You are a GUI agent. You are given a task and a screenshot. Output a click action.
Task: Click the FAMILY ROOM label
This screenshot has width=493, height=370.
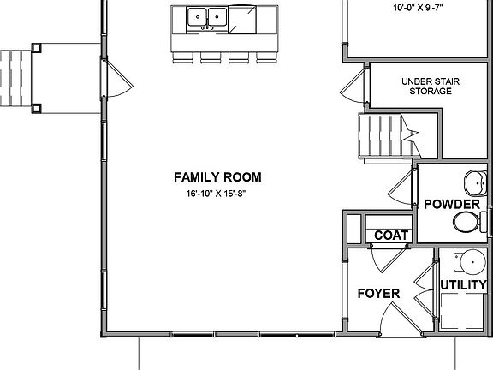[217, 177]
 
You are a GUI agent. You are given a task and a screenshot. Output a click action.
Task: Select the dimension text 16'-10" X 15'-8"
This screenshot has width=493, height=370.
[217, 194]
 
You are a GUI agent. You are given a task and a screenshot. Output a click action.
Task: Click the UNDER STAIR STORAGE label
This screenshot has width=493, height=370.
[430, 87]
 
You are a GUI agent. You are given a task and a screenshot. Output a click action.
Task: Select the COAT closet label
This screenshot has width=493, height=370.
[389, 235]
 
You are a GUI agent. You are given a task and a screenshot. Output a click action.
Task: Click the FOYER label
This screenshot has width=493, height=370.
[378, 294]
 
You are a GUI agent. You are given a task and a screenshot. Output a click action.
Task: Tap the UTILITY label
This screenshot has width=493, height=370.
[463, 284]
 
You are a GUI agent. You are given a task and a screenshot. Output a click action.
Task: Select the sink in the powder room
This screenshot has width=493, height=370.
[476, 182]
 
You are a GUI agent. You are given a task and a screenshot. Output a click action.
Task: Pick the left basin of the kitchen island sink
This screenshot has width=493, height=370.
[196, 15]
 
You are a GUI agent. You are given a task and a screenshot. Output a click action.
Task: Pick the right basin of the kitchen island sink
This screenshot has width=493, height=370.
[217, 15]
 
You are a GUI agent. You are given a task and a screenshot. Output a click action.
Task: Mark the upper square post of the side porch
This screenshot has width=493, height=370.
[36, 48]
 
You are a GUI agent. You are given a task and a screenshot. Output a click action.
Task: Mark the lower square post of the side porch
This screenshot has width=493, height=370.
[36, 109]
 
